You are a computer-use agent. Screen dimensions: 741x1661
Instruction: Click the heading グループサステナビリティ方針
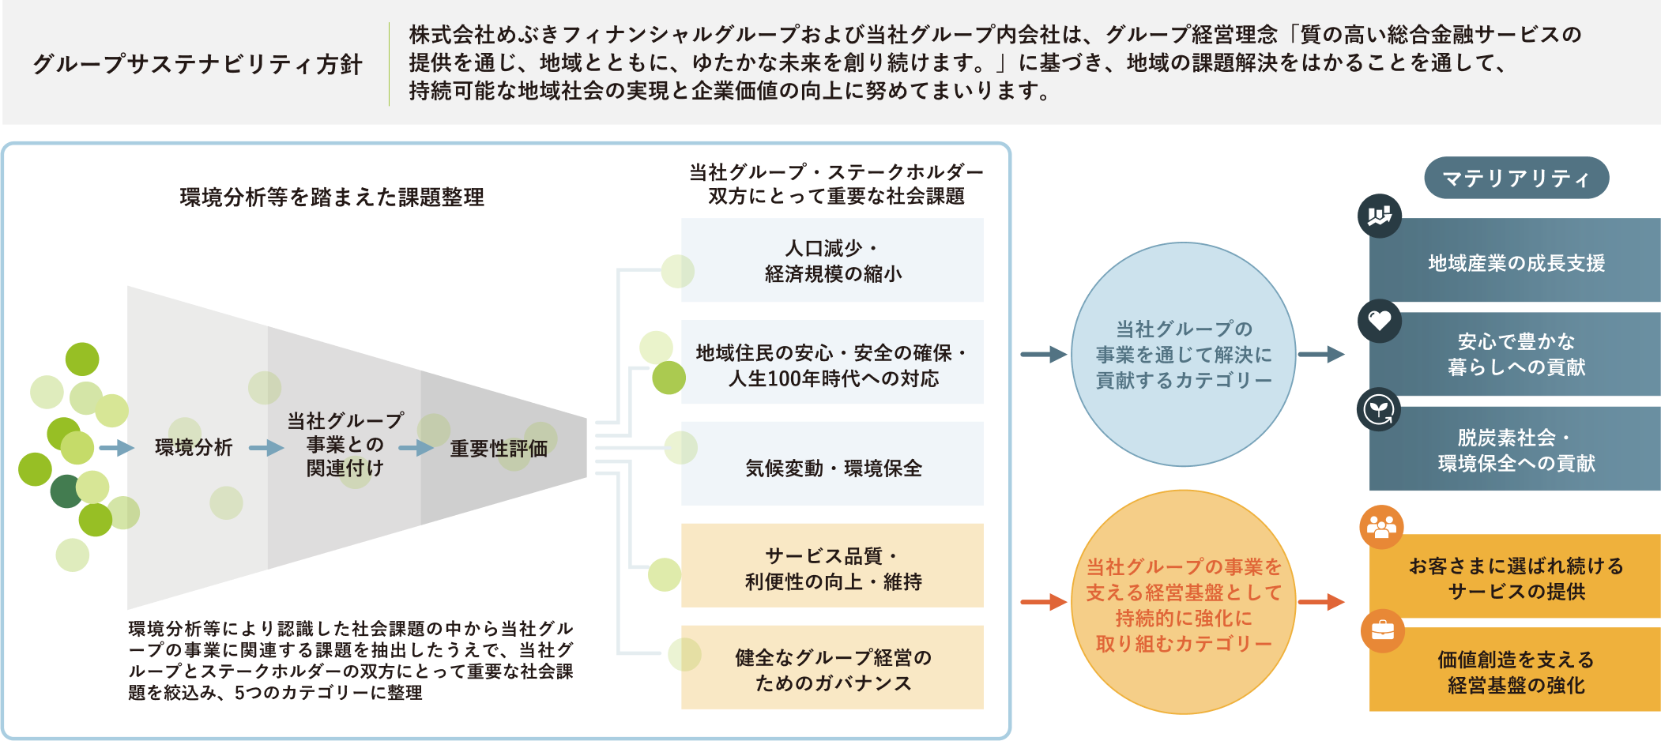click(x=198, y=64)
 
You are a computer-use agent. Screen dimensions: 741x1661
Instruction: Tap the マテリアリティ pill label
click(x=1516, y=179)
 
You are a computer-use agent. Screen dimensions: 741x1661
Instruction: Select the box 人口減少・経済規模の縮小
click(x=832, y=261)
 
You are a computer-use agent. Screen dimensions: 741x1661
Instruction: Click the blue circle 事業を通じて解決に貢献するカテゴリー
click(x=1183, y=355)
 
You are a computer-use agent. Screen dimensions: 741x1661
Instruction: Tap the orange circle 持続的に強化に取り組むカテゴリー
click(x=1183, y=604)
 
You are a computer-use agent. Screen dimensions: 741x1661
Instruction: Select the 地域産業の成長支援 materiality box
click(x=1516, y=262)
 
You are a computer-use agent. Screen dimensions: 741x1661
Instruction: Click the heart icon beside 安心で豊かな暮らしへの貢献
click(x=1380, y=321)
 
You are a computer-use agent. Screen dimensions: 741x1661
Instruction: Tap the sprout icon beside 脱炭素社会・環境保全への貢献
click(x=1379, y=410)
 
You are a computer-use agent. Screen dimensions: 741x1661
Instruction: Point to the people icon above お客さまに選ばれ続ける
click(x=1381, y=527)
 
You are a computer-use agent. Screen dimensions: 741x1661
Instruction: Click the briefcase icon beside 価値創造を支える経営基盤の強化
click(x=1382, y=630)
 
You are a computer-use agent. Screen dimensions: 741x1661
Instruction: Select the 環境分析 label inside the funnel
click(x=194, y=448)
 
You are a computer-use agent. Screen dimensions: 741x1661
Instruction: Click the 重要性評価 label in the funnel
click(x=499, y=449)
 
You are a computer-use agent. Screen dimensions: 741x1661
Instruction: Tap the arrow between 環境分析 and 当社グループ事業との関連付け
click(x=266, y=448)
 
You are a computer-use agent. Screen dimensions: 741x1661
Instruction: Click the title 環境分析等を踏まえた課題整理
click(x=332, y=197)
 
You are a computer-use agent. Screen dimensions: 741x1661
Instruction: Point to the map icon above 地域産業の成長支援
click(x=1380, y=216)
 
